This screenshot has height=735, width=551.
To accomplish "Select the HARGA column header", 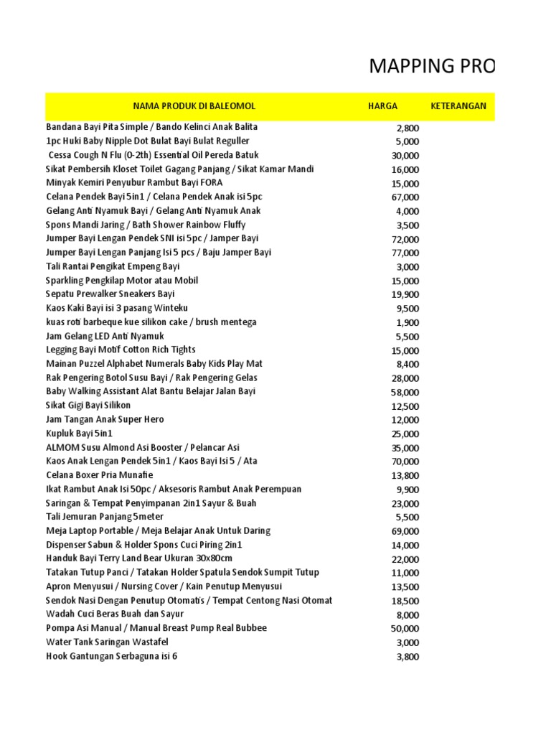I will (x=382, y=106).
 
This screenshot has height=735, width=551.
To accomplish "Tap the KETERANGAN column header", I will (x=458, y=106).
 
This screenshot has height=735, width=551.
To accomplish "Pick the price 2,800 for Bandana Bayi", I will (x=408, y=128).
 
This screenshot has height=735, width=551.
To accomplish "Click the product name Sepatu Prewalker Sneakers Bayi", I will (x=110, y=294).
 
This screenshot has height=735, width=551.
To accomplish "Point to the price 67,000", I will (x=404, y=197).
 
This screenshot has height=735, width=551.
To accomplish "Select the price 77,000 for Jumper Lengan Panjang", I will (x=404, y=253).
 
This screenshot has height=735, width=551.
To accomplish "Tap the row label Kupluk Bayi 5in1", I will (x=79, y=434).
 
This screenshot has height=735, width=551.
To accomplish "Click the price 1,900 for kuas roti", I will (x=408, y=323).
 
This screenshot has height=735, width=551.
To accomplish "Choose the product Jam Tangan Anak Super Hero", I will (x=105, y=419).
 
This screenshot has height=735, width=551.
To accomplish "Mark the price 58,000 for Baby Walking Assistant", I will (x=404, y=393).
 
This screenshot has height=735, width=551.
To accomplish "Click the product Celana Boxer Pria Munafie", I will (x=99, y=475).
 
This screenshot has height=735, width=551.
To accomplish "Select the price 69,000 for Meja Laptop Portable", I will (x=404, y=532).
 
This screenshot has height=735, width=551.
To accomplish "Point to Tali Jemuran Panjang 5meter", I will (x=105, y=517).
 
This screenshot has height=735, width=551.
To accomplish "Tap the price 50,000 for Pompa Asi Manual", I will (x=404, y=629).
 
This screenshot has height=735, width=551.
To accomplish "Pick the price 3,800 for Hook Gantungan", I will (x=408, y=657).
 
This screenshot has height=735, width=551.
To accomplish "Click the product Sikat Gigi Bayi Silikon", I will (x=88, y=406).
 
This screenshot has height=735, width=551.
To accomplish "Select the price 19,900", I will (x=404, y=295).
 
